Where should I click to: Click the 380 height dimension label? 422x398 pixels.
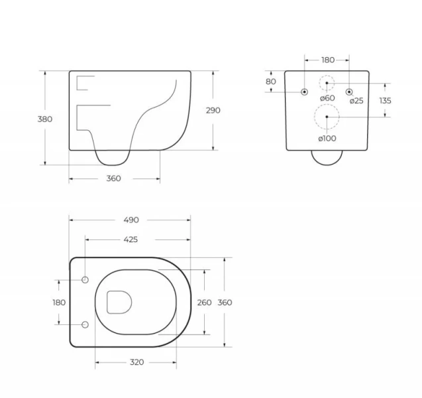coord(45,119)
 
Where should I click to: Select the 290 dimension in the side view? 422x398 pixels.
coord(213,111)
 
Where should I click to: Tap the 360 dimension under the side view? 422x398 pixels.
coord(114,178)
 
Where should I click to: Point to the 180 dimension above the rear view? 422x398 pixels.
coord(328,60)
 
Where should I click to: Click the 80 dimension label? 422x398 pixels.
coord(270,82)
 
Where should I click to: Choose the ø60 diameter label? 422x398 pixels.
coord(327,99)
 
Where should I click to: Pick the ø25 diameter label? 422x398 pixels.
coord(356,101)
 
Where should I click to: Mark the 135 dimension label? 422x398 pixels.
coord(385,101)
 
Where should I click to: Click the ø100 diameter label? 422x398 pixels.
coord(327,138)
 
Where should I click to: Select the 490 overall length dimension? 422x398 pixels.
coord(130,220)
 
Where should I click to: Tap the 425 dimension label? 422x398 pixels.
coord(130,239)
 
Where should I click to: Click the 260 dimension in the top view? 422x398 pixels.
coord(205,302)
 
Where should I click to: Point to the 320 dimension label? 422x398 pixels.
coord(136,362)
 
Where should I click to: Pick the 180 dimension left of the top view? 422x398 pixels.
coord(59,302)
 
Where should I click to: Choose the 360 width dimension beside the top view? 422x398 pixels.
coord(225,302)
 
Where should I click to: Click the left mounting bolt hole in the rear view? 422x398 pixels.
coord(304,92)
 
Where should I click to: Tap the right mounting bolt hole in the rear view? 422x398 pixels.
coord(349,92)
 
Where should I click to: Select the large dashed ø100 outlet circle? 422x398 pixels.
coord(327,117)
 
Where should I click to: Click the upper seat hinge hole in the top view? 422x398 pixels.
coord(85,280)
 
